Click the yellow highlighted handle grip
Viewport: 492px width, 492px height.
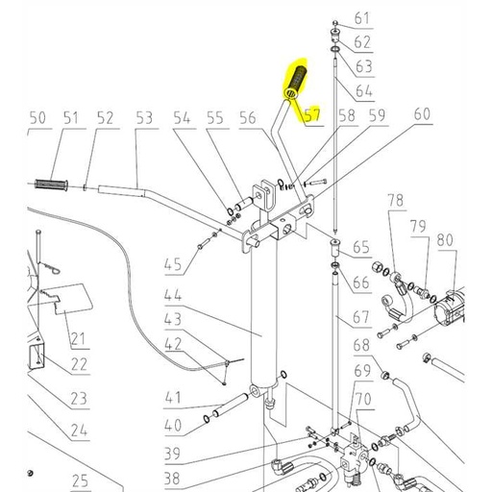(x=295, y=84)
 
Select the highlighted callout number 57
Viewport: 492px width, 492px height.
(x=312, y=117)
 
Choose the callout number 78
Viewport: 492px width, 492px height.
(x=395, y=200)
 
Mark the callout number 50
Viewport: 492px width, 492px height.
(x=37, y=118)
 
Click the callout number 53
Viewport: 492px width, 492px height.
(x=144, y=118)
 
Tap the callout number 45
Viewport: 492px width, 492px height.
(x=173, y=265)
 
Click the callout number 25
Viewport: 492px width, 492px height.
(x=79, y=480)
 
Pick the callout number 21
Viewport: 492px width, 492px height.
(x=78, y=337)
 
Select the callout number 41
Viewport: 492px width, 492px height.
(x=173, y=397)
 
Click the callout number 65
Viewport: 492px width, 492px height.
(x=361, y=247)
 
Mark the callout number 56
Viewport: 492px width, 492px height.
(x=248, y=118)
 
